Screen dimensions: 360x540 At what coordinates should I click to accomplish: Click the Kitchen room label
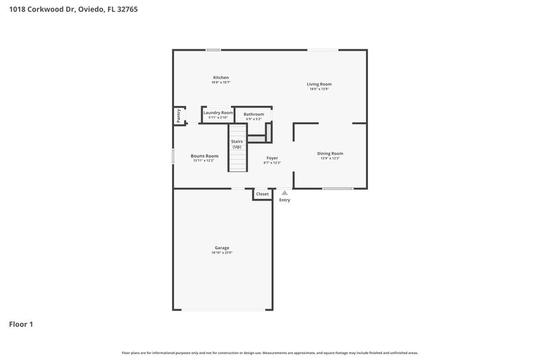pyautogui.click(x=221, y=78)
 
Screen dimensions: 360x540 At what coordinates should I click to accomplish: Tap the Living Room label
pyautogui.click(x=320, y=84)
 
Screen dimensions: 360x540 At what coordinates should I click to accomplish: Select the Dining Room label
pyautogui.click(x=330, y=153)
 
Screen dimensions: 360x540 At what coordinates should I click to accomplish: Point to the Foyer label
pyautogui.click(x=271, y=158)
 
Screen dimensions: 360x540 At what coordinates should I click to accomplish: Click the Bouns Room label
pyautogui.click(x=205, y=156)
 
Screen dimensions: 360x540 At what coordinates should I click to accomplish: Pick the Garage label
pyautogui.click(x=222, y=248)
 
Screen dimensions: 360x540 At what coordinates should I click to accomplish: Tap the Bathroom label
pyautogui.click(x=254, y=114)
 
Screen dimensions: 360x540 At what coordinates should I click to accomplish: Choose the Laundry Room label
pyautogui.click(x=218, y=113)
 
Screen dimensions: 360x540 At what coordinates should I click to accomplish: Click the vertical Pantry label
pyautogui.click(x=179, y=115)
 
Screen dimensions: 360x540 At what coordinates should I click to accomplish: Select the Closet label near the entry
pyautogui.click(x=262, y=194)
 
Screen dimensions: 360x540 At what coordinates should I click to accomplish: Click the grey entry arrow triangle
pyautogui.click(x=285, y=192)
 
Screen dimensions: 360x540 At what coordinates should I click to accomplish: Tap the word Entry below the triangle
pyautogui.click(x=285, y=200)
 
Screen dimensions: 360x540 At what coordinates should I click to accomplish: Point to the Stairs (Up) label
pyautogui.click(x=237, y=144)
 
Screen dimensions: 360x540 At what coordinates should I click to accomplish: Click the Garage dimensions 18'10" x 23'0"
pyautogui.click(x=222, y=253)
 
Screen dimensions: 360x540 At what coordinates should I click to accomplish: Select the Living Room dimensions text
pyautogui.click(x=320, y=89)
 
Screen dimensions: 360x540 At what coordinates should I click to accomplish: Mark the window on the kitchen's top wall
pyautogui.click(x=213, y=49)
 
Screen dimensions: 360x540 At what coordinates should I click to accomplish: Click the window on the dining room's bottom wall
pyautogui.click(x=337, y=188)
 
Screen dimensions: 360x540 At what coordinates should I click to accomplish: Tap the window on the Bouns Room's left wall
pyautogui.click(x=173, y=156)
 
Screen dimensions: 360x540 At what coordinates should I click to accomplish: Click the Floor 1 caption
pyautogui.click(x=21, y=324)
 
